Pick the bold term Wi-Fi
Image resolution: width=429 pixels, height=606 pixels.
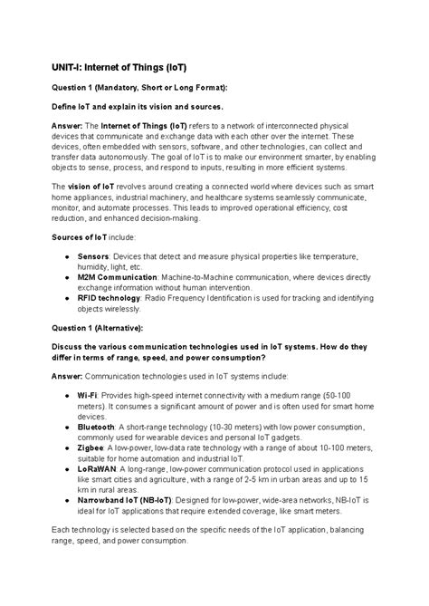tap(88, 397)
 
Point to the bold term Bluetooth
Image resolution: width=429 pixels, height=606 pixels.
tap(96, 426)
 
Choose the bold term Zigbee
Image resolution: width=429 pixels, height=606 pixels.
tap(92, 447)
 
